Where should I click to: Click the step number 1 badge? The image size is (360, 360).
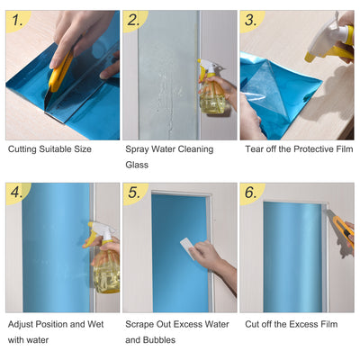click(17, 20)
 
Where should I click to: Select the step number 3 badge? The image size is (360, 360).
click(251, 20)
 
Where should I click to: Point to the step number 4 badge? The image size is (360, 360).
click(17, 193)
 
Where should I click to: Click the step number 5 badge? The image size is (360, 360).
click(135, 193)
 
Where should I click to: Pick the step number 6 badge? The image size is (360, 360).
click(251, 193)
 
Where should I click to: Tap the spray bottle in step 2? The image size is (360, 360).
click(212, 91)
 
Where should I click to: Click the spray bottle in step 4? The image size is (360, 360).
click(103, 261)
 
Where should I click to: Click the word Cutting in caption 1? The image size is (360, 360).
click(23, 149)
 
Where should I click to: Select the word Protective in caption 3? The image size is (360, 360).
click(307, 149)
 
